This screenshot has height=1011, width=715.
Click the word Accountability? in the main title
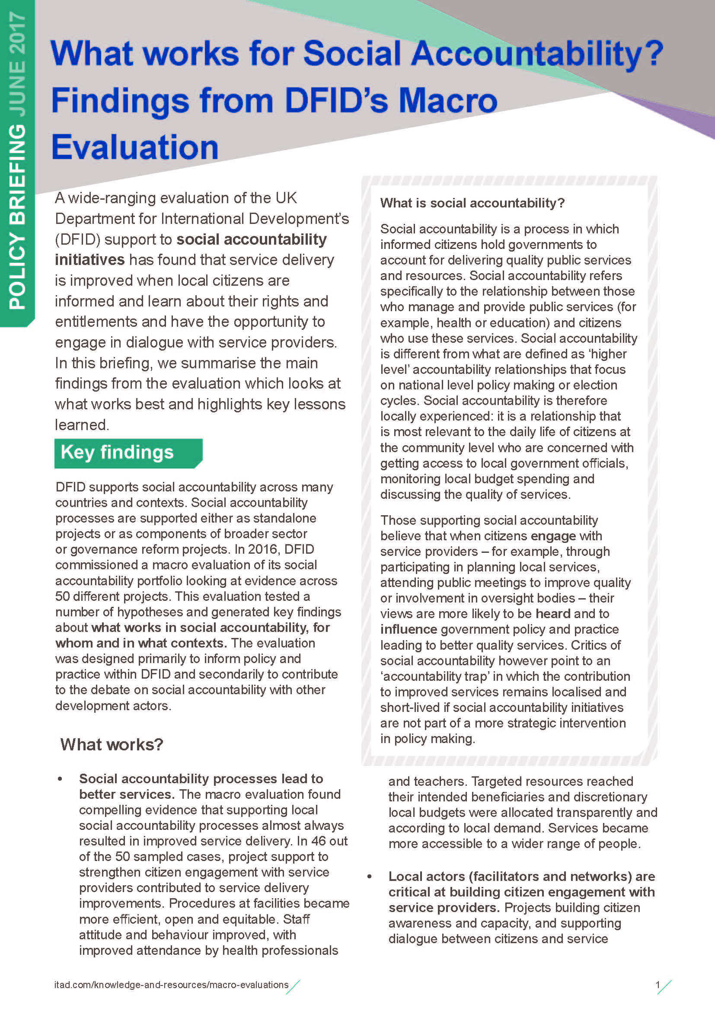pyautogui.click(x=537, y=54)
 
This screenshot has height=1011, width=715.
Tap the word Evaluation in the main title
pyautogui.click(x=135, y=147)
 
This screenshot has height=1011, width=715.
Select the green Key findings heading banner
pyautogui.click(x=128, y=453)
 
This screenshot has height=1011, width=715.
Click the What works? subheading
pyautogui.click(x=112, y=744)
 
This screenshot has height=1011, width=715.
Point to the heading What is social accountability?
pyautogui.click(x=472, y=203)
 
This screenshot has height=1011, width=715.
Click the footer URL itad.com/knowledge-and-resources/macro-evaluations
pyautogui.click(x=171, y=985)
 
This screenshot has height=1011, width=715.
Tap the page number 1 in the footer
pyautogui.click(x=658, y=985)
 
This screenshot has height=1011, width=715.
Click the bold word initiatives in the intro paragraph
pyautogui.click(x=89, y=260)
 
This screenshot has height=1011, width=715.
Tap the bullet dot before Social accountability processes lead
pyautogui.click(x=60, y=779)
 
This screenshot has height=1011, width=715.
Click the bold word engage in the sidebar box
pyautogui.click(x=553, y=536)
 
